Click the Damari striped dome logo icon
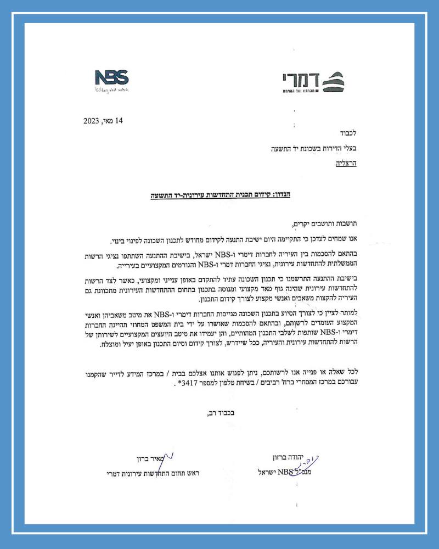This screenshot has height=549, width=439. [333, 81]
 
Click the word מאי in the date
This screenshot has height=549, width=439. [110, 121]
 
